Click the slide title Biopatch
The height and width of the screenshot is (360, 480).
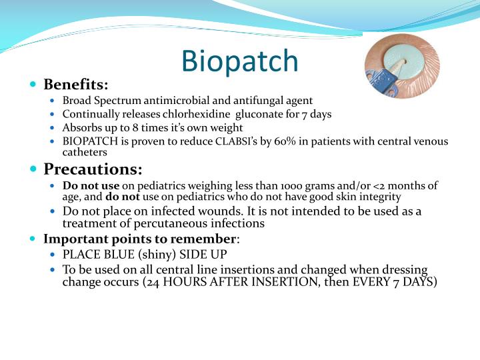coord(240,61)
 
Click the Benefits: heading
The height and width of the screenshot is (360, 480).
coord(75,85)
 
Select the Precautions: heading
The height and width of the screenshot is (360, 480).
coord(93,169)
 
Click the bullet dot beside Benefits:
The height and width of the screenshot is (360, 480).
coord(33,85)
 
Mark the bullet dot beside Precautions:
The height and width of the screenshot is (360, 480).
coord(33,169)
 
